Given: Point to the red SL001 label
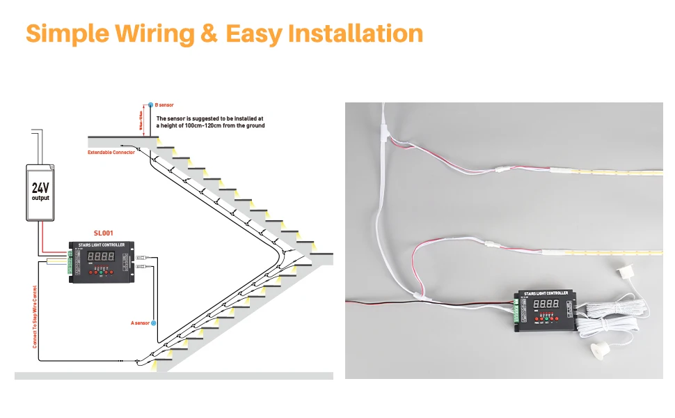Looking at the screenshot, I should click(x=103, y=233).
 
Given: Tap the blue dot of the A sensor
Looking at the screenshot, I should click(x=154, y=323).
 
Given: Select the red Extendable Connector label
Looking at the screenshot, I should click(x=111, y=152).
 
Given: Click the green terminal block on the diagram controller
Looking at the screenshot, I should click(x=70, y=261).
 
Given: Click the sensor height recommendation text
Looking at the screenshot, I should click(x=210, y=122).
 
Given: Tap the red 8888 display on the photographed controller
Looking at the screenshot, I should click(x=545, y=305).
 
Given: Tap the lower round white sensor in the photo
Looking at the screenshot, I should click(x=598, y=349).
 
